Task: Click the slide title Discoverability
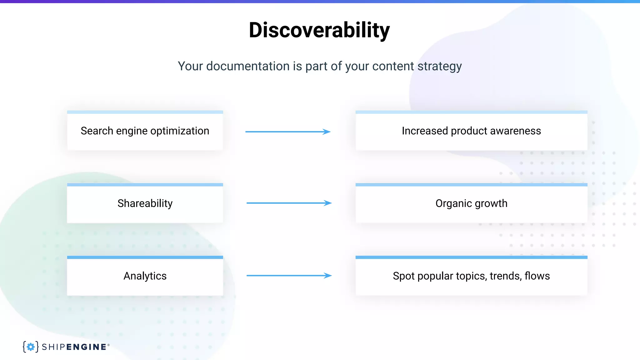[319, 30]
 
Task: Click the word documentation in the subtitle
[248, 66]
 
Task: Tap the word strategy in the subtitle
[439, 66]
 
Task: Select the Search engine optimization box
[145, 131]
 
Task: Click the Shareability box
[145, 203]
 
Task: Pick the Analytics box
[145, 276]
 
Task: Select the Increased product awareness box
[471, 131]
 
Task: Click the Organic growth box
[471, 203]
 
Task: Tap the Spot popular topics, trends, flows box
[471, 276]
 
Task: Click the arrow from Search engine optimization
[288, 132]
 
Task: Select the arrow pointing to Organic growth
[289, 203]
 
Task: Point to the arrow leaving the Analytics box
[289, 276]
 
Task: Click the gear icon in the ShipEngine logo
[31, 347]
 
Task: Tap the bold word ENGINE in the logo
[86, 347]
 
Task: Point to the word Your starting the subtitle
[190, 66]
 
